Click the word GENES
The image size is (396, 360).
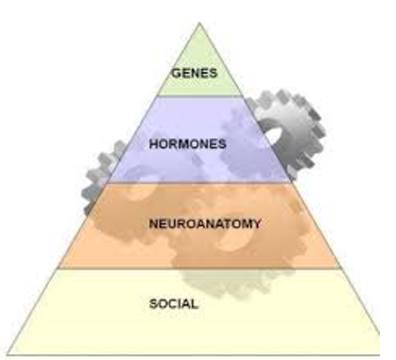point(195,73)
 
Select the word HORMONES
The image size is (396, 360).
point(188,144)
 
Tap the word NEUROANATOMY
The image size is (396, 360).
point(205,224)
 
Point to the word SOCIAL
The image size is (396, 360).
point(174,304)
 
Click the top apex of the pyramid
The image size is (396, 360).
point(199,23)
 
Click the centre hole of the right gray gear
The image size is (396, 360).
point(273,136)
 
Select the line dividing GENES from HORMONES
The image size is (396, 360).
point(200,95)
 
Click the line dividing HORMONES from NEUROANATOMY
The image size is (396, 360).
point(199,182)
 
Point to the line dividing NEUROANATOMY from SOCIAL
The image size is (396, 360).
point(199,268)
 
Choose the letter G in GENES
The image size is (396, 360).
point(176,73)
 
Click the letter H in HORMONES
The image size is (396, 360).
point(153,144)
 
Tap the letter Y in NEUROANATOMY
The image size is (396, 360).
point(256,224)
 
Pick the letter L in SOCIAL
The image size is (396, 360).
point(195,304)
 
